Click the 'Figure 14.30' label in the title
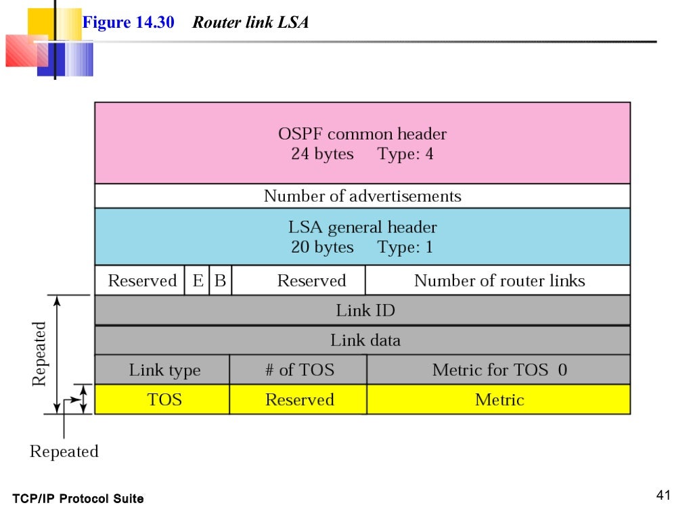[128, 22]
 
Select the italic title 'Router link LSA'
[250, 22]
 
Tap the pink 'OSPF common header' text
[362, 134]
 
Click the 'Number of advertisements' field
[362, 196]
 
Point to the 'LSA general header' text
[362, 227]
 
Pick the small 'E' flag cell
[198, 281]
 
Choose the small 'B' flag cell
[220, 281]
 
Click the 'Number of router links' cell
[499, 281]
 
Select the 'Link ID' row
[365, 311]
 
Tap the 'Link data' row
[365, 340]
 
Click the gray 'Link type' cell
[164, 370]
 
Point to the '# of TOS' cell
[299, 370]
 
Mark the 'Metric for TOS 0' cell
[499, 370]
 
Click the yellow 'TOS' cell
[164, 399]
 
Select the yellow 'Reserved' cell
[299, 399]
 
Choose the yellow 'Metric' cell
[499, 399]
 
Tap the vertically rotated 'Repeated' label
[40, 353]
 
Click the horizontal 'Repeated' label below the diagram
[64, 452]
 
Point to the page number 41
[663, 496]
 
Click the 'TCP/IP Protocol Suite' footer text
[78, 499]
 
